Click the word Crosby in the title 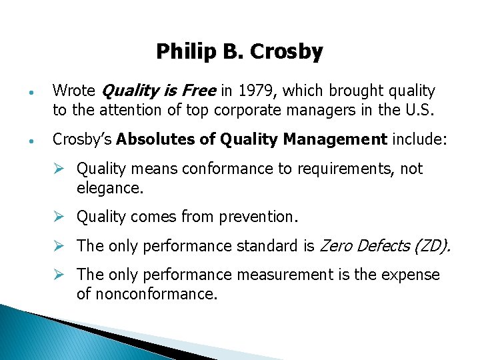[289, 51]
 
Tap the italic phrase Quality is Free [157, 91]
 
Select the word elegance [109, 188]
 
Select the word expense [411, 275]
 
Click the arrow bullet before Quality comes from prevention [60, 217]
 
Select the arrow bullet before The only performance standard [60, 246]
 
